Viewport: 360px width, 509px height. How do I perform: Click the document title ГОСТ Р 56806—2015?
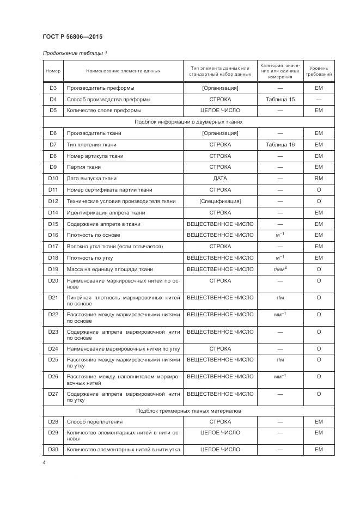[x=72, y=37]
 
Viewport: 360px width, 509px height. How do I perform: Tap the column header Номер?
[x=53, y=71]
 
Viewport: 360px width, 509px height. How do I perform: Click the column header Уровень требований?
[x=319, y=71]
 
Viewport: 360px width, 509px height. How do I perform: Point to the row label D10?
[x=53, y=179]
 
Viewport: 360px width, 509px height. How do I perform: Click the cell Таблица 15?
[x=280, y=100]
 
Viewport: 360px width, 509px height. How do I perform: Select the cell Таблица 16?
[x=280, y=145]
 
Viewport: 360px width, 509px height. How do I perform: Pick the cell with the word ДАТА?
[x=220, y=179]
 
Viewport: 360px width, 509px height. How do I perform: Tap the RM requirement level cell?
[x=319, y=179]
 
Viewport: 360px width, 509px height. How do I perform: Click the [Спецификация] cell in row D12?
[x=220, y=201]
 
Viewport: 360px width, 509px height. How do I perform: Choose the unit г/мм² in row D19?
[x=280, y=269]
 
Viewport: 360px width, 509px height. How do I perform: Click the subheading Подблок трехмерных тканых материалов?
[x=188, y=410]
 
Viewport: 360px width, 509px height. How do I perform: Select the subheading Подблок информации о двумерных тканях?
[x=188, y=122]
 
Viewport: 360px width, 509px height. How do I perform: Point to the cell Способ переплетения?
[x=94, y=421]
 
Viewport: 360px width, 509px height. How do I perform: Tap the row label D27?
[x=53, y=394]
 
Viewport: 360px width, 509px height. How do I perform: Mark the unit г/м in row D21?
[x=280, y=298]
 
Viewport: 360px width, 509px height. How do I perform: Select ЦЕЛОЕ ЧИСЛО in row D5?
[x=220, y=111]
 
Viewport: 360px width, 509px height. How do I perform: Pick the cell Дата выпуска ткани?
[x=91, y=179]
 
